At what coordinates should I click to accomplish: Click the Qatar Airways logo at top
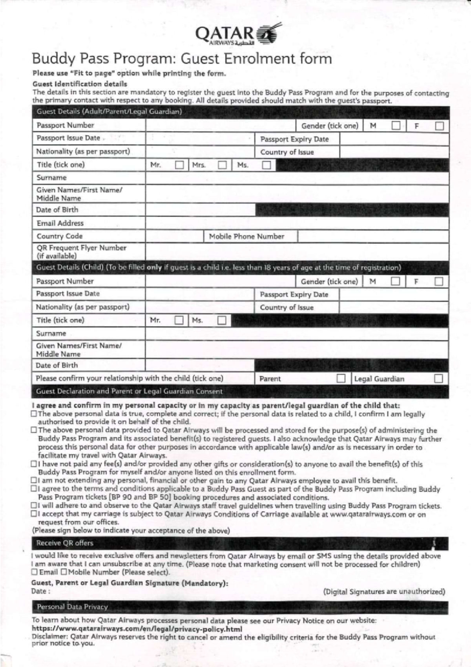click(x=238, y=34)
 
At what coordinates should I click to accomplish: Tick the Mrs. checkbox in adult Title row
click(x=222, y=165)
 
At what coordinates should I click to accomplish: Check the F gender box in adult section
click(x=440, y=126)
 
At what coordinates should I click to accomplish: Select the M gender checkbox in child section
click(x=396, y=281)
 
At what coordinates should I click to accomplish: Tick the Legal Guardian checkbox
click(x=438, y=379)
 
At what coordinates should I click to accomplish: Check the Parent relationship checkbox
click(x=341, y=379)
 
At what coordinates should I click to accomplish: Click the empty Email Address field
click(x=297, y=223)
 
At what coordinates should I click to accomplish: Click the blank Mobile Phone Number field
click(x=373, y=236)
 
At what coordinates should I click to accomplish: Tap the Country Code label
click(x=60, y=236)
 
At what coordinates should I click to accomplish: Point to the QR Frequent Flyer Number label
click(x=81, y=251)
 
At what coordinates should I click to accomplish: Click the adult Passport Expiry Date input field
click(x=394, y=139)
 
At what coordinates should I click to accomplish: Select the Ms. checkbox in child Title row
click(x=222, y=321)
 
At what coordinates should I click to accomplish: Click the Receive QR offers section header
click(x=65, y=543)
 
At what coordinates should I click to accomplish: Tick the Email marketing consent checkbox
click(x=35, y=572)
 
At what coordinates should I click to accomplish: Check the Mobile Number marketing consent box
click(x=64, y=572)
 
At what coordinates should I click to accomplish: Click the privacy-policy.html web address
click(x=137, y=629)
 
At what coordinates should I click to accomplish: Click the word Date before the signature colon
click(x=38, y=591)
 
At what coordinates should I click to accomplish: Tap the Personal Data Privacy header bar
click(x=72, y=607)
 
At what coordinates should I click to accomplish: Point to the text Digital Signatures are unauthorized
click(x=384, y=592)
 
